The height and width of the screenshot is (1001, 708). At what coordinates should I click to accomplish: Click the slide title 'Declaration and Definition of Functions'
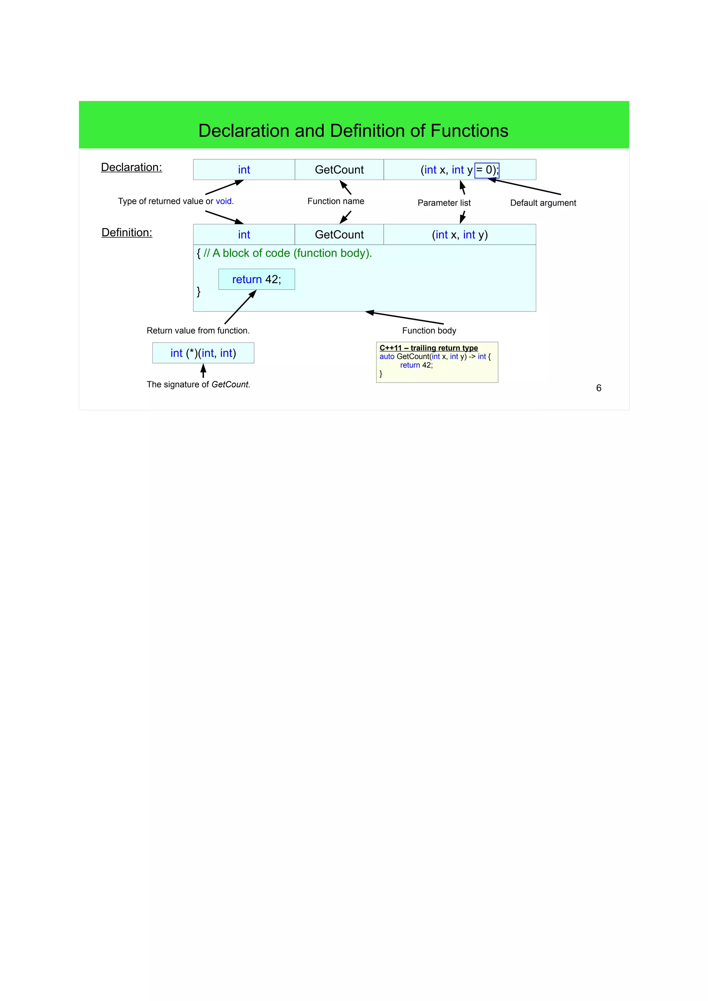[x=353, y=131]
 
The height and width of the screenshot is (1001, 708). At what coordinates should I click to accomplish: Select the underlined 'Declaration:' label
[x=131, y=168]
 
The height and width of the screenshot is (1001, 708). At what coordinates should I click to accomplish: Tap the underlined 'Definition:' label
[x=127, y=233]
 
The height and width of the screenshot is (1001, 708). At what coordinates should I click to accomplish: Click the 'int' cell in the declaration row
[x=244, y=170]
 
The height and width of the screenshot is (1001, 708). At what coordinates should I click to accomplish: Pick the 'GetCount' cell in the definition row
[x=339, y=235]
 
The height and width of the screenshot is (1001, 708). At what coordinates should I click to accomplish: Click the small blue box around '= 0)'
[x=486, y=170]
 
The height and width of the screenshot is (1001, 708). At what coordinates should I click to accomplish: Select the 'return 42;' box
[x=257, y=279]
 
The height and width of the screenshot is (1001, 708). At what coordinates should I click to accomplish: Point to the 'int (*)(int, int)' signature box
[x=203, y=353]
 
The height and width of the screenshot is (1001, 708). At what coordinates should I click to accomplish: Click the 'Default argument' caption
[x=543, y=203]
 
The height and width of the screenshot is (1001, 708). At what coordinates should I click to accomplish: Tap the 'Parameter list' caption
[x=444, y=203]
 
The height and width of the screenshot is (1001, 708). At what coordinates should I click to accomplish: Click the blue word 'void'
[x=224, y=201]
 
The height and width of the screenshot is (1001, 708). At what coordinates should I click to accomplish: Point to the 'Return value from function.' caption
[x=198, y=331]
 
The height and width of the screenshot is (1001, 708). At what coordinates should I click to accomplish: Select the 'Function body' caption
[x=429, y=331]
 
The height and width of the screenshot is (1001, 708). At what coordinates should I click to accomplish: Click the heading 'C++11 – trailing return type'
[x=428, y=348]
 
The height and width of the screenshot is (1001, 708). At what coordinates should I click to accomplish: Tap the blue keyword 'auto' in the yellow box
[x=386, y=356]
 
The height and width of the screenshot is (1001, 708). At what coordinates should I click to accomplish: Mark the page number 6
[x=598, y=388]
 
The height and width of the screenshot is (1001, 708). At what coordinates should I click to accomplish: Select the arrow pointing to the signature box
[x=203, y=371]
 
